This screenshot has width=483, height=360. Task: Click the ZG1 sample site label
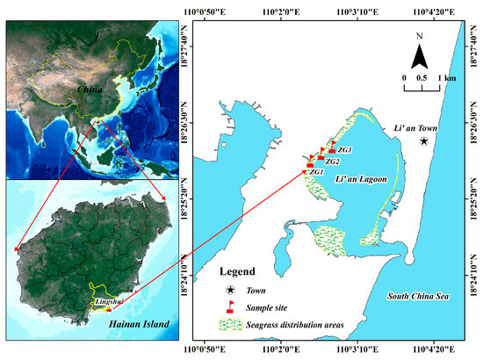click(x=317, y=172)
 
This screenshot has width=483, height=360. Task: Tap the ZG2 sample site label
click(x=332, y=162)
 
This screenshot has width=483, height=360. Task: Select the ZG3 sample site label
click(x=344, y=150)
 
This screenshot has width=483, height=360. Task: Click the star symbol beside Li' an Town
click(x=423, y=140)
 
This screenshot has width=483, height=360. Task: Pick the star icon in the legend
click(x=231, y=290)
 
